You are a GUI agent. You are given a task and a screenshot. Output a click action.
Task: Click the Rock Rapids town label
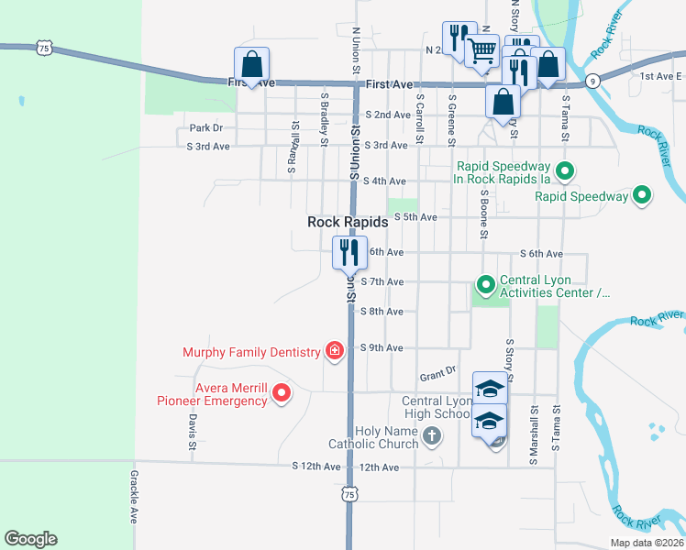(x=348, y=222)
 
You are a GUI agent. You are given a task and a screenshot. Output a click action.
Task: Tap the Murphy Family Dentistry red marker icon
(x=335, y=350)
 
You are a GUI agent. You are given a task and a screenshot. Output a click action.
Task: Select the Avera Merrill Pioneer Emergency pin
(x=282, y=394)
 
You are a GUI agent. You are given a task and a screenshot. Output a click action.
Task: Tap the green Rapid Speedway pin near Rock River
(x=642, y=195)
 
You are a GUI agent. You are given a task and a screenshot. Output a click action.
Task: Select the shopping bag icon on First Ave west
(x=252, y=64)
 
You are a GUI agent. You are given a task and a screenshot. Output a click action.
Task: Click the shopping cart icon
(x=482, y=51)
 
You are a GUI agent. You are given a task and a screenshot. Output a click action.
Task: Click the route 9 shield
(x=593, y=80)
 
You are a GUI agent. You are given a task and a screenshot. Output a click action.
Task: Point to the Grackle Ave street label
(x=134, y=497)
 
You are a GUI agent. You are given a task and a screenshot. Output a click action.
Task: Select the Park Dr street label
(x=206, y=128)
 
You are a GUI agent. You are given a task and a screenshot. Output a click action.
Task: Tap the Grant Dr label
(x=437, y=375)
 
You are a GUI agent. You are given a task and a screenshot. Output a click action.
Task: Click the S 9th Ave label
(x=382, y=348)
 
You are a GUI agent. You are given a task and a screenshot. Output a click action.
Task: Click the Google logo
(x=30, y=539)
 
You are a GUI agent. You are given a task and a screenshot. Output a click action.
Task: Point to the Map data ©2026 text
(x=647, y=543)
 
